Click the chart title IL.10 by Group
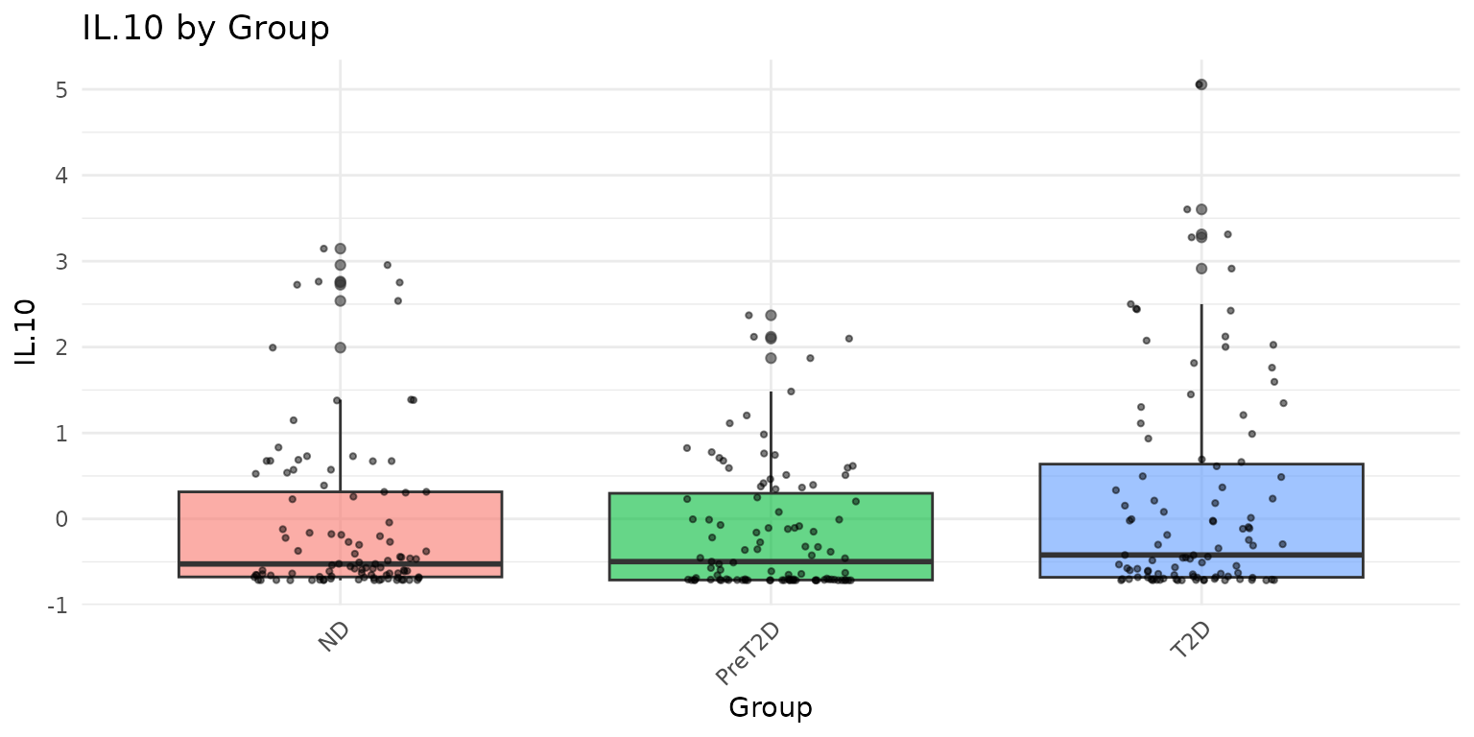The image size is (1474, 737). coord(205,29)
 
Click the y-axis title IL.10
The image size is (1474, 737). coord(28,332)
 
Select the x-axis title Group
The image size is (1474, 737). coord(770,708)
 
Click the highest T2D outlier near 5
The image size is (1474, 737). coord(1201,84)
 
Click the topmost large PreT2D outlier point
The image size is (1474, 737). coord(771,315)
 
